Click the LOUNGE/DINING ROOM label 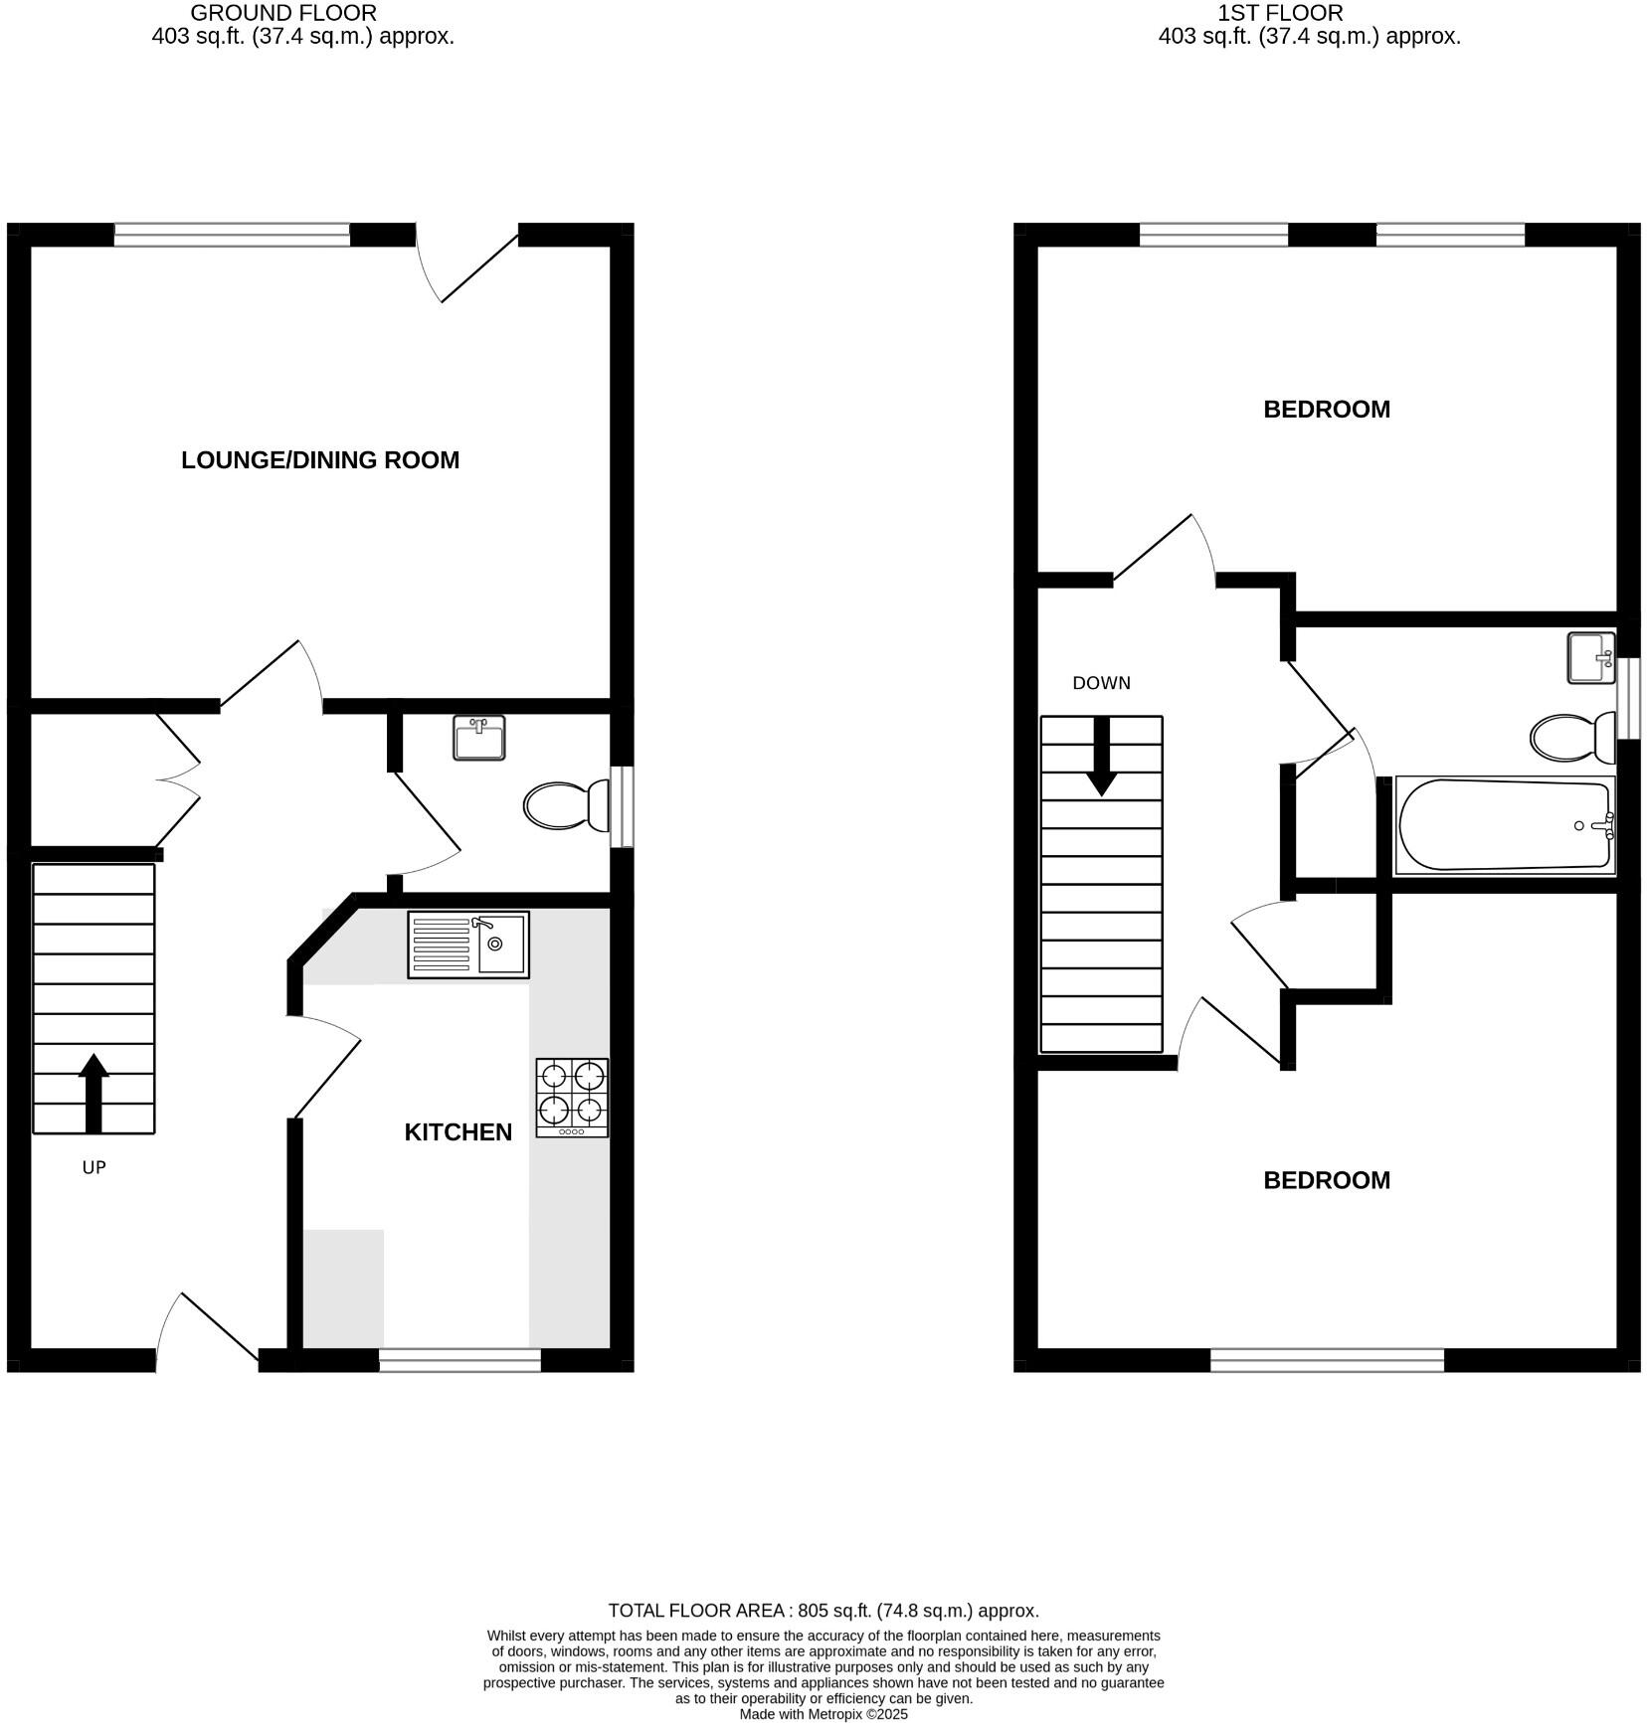(x=320, y=460)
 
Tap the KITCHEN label (x=457, y=1132)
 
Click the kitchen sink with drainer (x=467, y=945)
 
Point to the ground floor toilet (x=566, y=805)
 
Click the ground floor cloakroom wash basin (x=478, y=738)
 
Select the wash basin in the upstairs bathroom (x=1590, y=657)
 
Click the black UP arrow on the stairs (x=93, y=1093)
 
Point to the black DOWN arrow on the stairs (x=1101, y=757)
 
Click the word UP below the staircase (x=93, y=1167)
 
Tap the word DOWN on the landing (x=1101, y=683)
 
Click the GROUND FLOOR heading (x=283, y=13)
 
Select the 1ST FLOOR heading (x=1280, y=13)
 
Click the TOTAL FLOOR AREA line (x=823, y=1611)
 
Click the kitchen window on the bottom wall (x=459, y=1360)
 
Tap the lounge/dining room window (x=232, y=235)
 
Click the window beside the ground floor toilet (x=622, y=805)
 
